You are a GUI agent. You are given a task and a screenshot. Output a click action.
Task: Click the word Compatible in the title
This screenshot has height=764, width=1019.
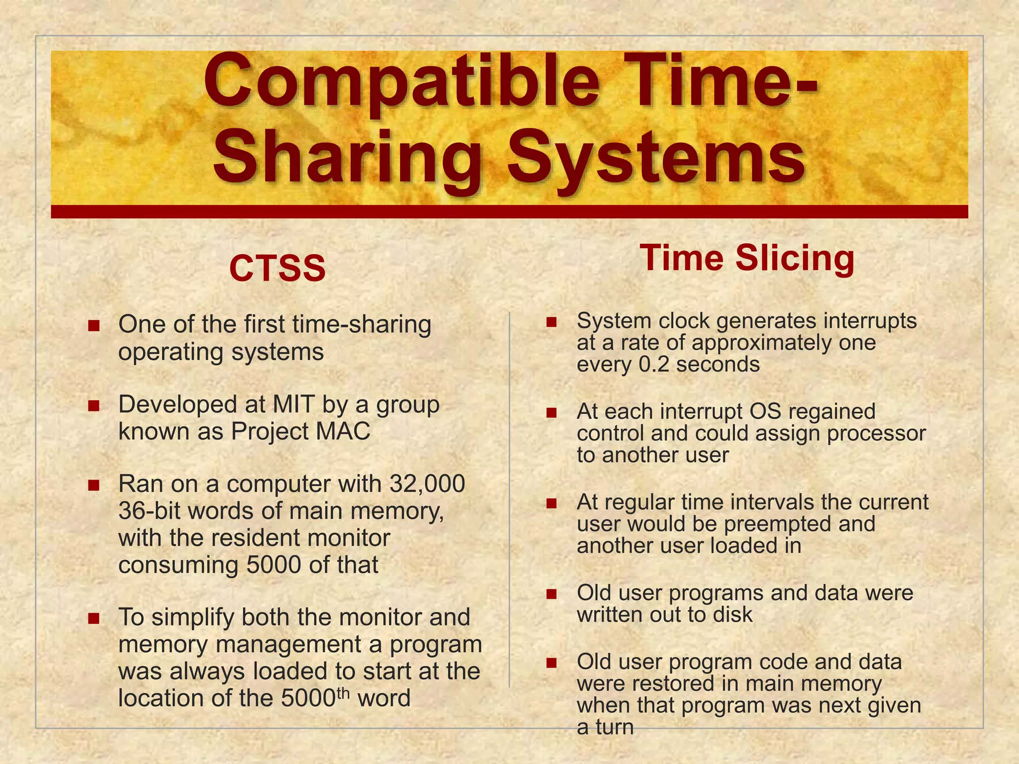pyautogui.click(x=401, y=82)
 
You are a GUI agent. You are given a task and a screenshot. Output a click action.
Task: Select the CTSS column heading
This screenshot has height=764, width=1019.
pyautogui.click(x=277, y=269)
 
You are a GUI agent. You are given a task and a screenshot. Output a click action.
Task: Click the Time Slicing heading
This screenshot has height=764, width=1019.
pyautogui.click(x=747, y=259)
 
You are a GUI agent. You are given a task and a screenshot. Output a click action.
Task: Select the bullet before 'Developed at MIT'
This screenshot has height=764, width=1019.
pyautogui.click(x=94, y=406)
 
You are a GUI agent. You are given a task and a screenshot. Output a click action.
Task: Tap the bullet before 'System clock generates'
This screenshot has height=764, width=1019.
pyautogui.click(x=551, y=322)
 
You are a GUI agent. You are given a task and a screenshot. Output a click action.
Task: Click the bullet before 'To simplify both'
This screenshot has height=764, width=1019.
pyautogui.click(x=94, y=619)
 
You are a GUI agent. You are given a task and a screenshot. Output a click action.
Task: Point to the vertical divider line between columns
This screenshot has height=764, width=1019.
pyautogui.click(x=509, y=497)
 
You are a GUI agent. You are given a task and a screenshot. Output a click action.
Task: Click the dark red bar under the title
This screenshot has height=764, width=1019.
pyautogui.click(x=509, y=211)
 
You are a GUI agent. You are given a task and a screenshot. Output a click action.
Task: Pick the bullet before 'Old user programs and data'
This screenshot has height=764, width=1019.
pyautogui.click(x=551, y=594)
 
